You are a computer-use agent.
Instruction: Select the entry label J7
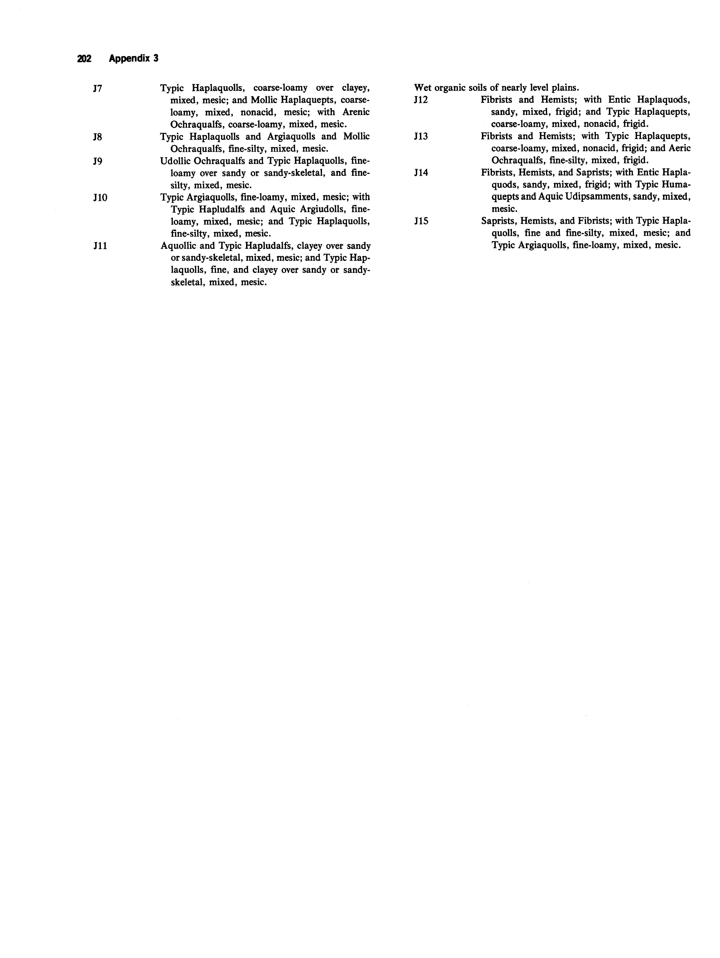97,88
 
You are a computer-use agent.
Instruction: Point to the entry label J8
97,137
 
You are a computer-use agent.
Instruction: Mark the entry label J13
421,136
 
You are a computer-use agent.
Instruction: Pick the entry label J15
421,221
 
